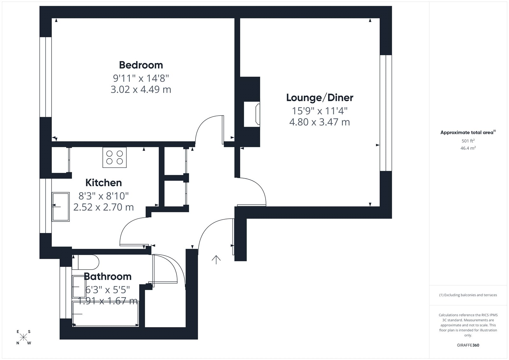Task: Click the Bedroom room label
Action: pyautogui.click(x=141, y=65)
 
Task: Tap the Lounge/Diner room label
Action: pyautogui.click(x=319, y=98)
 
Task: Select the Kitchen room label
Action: pyautogui.click(x=104, y=183)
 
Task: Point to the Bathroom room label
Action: pyautogui.click(x=108, y=277)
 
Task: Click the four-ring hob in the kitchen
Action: pyautogui.click(x=115, y=157)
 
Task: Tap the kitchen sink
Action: pyautogui.click(x=61, y=207)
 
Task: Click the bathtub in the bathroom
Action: pyautogui.click(x=105, y=314)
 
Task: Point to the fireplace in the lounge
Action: pyautogui.click(x=252, y=114)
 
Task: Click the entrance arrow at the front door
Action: pyautogui.click(x=216, y=260)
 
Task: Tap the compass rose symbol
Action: pyautogui.click(x=24, y=337)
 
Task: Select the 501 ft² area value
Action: pyautogui.click(x=468, y=141)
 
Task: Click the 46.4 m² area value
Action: pyautogui.click(x=468, y=148)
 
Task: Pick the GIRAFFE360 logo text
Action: pyautogui.click(x=468, y=345)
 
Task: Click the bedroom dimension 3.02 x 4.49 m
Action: pyautogui.click(x=141, y=89)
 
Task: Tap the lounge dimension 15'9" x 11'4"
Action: pyautogui.click(x=319, y=111)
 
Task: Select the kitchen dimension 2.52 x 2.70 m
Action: pyautogui.click(x=104, y=207)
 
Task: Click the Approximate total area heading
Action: pyautogui.click(x=468, y=132)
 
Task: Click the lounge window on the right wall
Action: pyautogui.click(x=386, y=113)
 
